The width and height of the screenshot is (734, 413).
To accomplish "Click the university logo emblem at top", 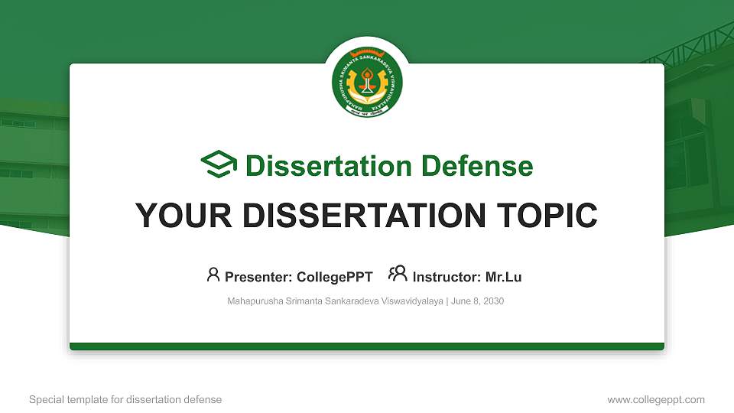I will [x=367, y=84].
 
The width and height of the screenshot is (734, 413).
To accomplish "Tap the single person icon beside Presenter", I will [x=213, y=275].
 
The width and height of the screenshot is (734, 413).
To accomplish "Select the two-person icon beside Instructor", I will [x=398, y=275].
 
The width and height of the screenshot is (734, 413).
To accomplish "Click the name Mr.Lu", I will [x=503, y=277].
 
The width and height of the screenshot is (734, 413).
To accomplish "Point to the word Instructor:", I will [x=447, y=277].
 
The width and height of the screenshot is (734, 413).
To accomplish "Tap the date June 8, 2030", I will [x=478, y=301].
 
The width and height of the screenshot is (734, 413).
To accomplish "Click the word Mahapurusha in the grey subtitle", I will [x=252, y=301].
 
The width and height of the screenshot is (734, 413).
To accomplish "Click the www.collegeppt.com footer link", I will [x=656, y=399].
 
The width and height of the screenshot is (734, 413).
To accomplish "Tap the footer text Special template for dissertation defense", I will [x=125, y=399].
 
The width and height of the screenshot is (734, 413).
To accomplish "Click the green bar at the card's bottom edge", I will [x=367, y=346].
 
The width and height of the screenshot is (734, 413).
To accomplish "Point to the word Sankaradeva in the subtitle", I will [x=349, y=301].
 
